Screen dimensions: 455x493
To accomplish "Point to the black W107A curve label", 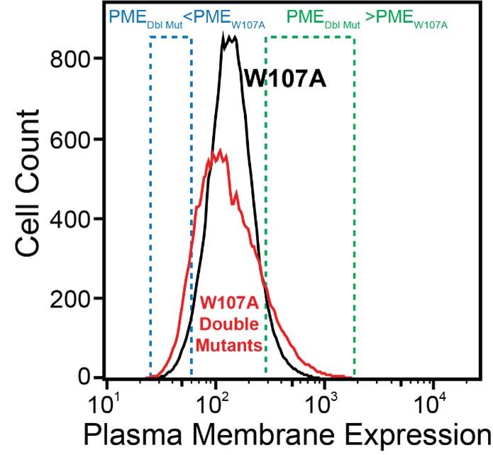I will click(285, 78).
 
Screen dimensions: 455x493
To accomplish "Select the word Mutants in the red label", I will click(228, 346).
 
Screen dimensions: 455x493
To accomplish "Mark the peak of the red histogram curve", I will click(220, 151).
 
